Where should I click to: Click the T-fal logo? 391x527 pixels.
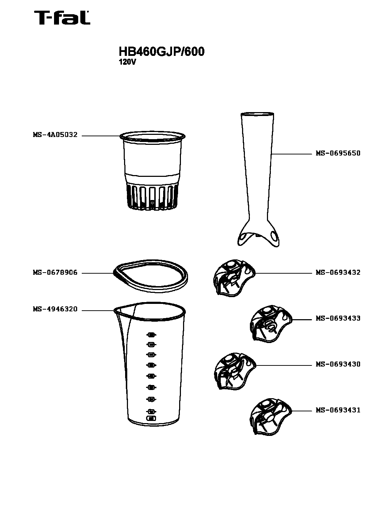point(62,17)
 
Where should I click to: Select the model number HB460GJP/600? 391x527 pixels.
point(161,52)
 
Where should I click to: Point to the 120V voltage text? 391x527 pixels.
point(127,62)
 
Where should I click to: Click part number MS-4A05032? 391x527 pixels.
point(55,135)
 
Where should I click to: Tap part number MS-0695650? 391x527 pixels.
point(338,153)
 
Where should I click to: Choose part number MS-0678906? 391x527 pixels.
point(55,273)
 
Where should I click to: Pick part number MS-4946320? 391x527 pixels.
point(55,309)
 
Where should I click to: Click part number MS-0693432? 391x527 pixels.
point(338,272)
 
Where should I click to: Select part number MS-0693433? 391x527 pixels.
point(338,318)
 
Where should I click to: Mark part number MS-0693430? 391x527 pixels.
point(338,364)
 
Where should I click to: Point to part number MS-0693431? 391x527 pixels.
point(338,410)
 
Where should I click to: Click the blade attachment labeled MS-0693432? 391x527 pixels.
point(234,278)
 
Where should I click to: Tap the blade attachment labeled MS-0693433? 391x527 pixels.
point(271,324)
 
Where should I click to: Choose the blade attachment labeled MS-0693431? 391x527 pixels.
point(271,417)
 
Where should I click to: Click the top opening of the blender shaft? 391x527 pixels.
point(257,114)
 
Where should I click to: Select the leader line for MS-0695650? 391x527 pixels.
point(291,154)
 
